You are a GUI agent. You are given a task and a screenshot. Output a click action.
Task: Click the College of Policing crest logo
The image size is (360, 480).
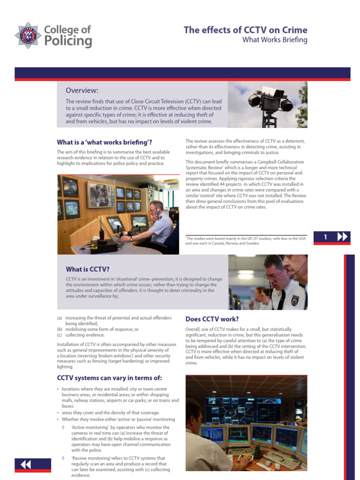pyautogui.click(x=27, y=35)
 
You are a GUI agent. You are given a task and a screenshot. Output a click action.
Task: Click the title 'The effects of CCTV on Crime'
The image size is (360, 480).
pyautogui.click(x=245, y=30)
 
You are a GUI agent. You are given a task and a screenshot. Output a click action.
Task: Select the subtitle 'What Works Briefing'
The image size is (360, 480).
pyautogui.click(x=274, y=40)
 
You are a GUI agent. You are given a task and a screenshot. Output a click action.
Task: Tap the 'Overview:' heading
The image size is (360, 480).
pyautogui.click(x=82, y=90)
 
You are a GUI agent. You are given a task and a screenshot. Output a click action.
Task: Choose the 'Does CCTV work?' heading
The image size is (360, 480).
pyautogui.click(x=212, y=319)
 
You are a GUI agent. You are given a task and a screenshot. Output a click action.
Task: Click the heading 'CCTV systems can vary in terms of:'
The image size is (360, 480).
pyautogui.click(x=109, y=377)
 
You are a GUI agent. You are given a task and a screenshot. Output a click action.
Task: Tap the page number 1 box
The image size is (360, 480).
pyautogui.click(x=325, y=238)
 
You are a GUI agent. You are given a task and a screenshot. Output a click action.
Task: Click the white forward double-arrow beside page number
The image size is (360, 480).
pyautogui.click(x=343, y=238)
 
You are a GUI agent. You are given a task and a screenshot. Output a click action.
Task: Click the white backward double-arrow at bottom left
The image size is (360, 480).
pyautogui.click(x=26, y=464)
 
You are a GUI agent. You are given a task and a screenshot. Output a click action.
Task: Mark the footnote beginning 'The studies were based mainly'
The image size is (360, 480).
pyautogui.click(x=246, y=241)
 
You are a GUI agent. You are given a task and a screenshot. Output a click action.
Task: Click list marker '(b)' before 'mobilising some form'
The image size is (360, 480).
pyautogui.click(x=60, y=329)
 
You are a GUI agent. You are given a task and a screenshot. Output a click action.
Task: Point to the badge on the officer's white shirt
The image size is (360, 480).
pyautogui.click(x=294, y=300)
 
